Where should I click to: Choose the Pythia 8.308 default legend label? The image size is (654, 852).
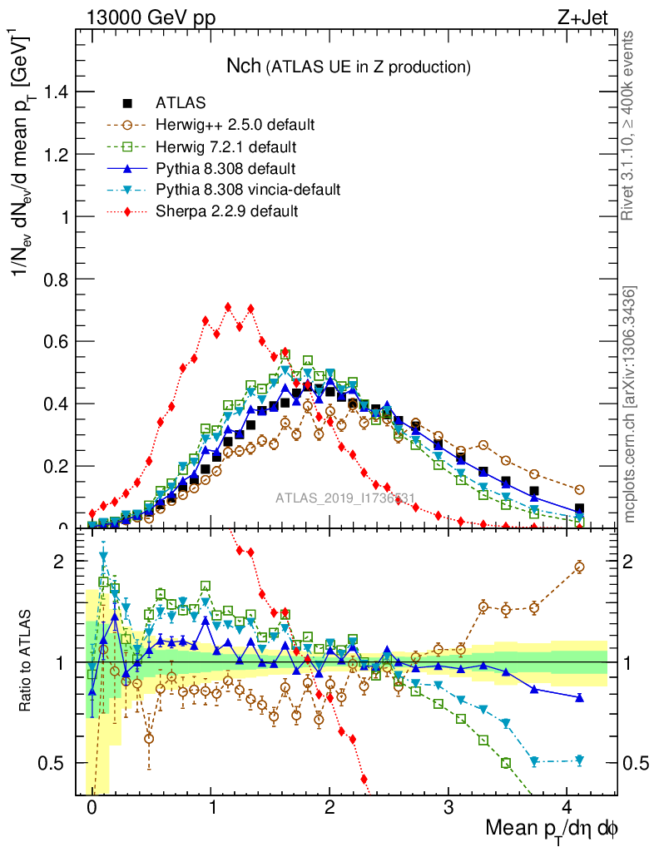pyautogui.click(x=225, y=168)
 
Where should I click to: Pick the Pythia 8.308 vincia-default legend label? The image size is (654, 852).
pyautogui.click(x=248, y=190)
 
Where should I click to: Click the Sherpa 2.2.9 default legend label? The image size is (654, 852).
pyautogui.click(x=226, y=211)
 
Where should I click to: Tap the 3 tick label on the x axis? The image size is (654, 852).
pyautogui.click(x=448, y=808)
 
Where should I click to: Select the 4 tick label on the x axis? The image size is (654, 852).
pyautogui.click(x=567, y=808)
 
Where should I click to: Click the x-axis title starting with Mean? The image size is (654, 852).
pyautogui.click(x=551, y=830)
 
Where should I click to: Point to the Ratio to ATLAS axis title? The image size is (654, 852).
pyautogui.click(x=26, y=662)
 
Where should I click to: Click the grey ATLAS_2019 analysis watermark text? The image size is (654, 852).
pyautogui.click(x=346, y=499)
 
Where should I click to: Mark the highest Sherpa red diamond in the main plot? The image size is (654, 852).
pyautogui.click(x=228, y=307)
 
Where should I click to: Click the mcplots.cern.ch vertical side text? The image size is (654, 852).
pyautogui.click(x=630, y=404)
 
